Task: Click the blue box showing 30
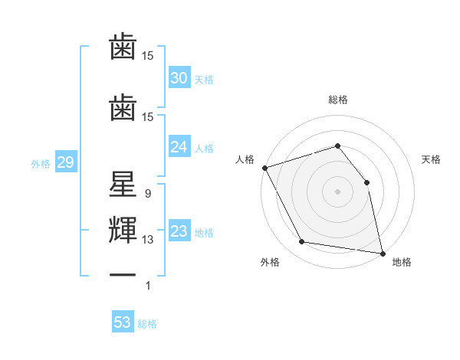tap(179, 78)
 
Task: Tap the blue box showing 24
tap(179, 148)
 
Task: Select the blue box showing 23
tap(179, 232)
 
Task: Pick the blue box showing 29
tap(65, 163)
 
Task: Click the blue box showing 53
tap(123, 322)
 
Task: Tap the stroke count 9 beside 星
tap(147, 194)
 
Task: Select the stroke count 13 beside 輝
tap(148, 240)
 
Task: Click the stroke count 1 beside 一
tap(147, 286)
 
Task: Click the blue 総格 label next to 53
tap(147, 324)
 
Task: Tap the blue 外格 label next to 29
tap(41, 164)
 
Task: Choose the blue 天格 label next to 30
tap(204, 79)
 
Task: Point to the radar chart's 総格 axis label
tap(338, 100)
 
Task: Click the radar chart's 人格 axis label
tap(245, 159)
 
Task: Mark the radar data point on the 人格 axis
tap(264, 168)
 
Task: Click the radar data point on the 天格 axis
tap(366, 182)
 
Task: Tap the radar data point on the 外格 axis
tap(302, 242)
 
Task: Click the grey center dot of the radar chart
tap(338, 191)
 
